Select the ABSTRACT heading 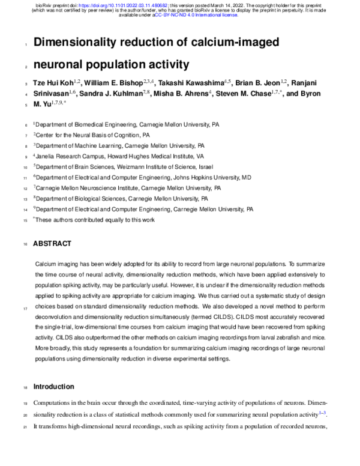pos(52,243)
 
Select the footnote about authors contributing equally pos(94,220)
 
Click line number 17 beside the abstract pos(25,309)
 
